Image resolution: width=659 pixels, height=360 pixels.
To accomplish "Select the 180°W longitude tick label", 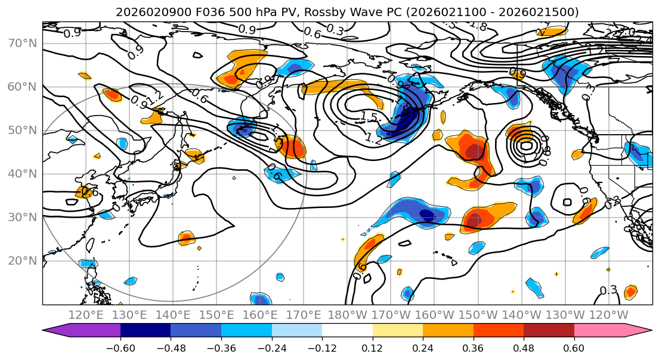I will pyautogui.click(x=347, y=315).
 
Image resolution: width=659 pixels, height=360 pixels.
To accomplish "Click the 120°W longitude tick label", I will pyautogui.click(x=608, y=315).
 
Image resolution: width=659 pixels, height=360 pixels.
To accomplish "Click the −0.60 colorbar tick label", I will pyautogui.click(x=120, y=347).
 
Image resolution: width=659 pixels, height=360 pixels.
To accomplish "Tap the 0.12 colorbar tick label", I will pyautogui.click(x=372, y=347).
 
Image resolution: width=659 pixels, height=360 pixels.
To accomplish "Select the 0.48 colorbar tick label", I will pyautogui.click(x=523, y=347).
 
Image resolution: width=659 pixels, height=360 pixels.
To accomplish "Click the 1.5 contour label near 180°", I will pyautogui.click(x=369, y=116).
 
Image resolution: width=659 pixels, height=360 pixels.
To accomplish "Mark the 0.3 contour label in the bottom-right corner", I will pyautogui.click(x=608, y=290).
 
